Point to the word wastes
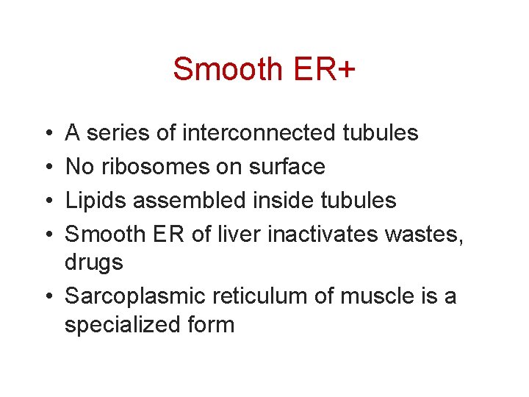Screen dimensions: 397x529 click(425, 235)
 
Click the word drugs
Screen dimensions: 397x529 click(94, 262)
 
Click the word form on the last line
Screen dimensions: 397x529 click(212, 324)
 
